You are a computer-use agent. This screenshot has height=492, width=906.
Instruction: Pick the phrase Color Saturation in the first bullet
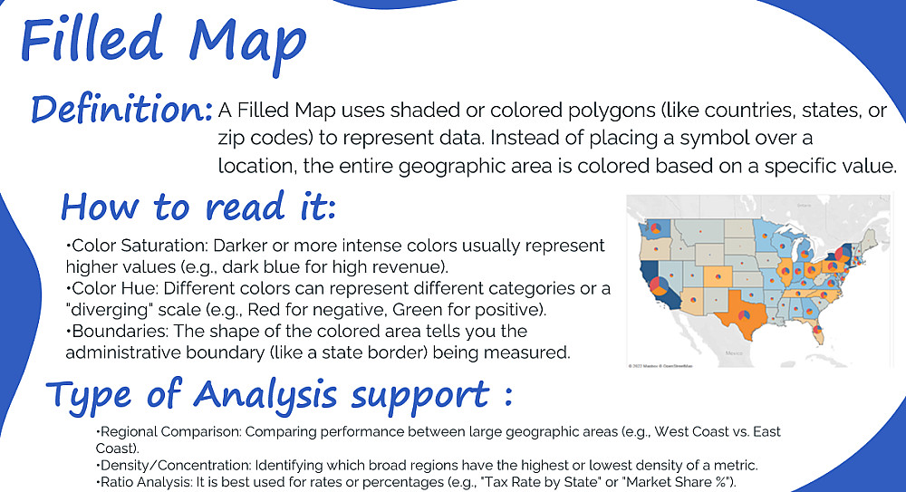click(140, 246)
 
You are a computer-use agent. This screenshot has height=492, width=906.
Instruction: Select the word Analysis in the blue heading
click(265, 396)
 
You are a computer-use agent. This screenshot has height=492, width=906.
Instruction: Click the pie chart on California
click(658, 285)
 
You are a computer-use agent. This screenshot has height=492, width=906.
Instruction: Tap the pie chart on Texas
click(744, 315)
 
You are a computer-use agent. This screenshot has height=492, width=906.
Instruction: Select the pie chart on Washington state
click(655, 227)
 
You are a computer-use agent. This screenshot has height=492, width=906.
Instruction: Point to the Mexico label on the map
click(734, 352)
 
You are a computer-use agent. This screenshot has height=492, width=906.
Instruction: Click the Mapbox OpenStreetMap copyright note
click(660, 366)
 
